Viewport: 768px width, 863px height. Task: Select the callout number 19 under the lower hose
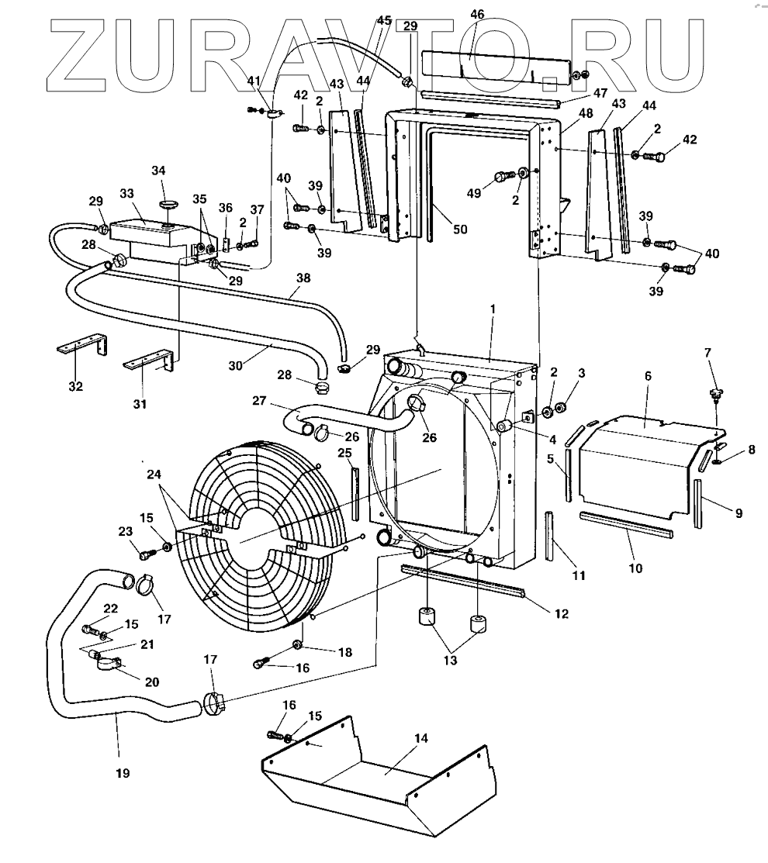click(123, 772)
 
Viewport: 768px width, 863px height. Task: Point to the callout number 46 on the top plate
click(477, 14)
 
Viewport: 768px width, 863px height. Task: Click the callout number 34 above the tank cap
click(158, 171)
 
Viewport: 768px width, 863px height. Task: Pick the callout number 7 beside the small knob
click(707, 354)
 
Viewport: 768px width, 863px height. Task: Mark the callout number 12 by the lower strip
click(561, 613)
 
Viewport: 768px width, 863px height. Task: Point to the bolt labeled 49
click(504, 175)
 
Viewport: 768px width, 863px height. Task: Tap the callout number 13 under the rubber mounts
click(449, 661)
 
